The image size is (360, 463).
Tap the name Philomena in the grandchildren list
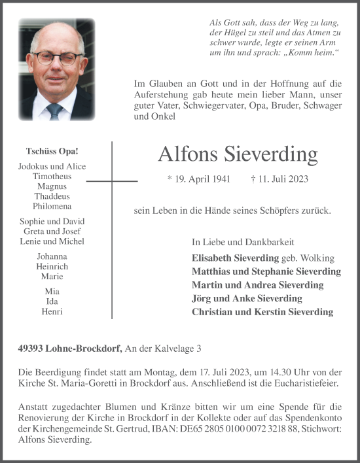tap(52, 206)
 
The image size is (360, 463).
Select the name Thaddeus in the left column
tap(52, 196)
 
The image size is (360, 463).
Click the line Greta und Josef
tap(52, 231)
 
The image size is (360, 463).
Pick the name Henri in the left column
tap(52, 311)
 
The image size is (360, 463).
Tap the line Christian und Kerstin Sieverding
tap(262, 312)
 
